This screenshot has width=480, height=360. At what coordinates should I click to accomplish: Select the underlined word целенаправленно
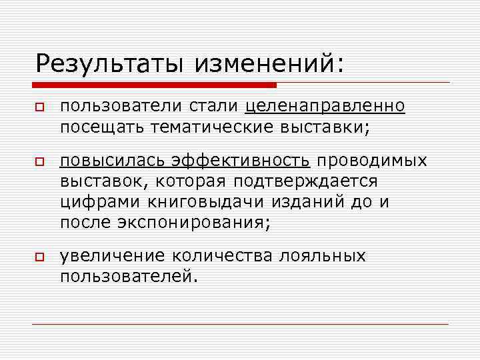[325, 107]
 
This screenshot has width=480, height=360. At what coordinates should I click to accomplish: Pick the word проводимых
[371, 161]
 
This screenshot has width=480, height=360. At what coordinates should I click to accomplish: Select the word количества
[221, 257]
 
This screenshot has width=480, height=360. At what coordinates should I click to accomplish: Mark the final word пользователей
[129, 275]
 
